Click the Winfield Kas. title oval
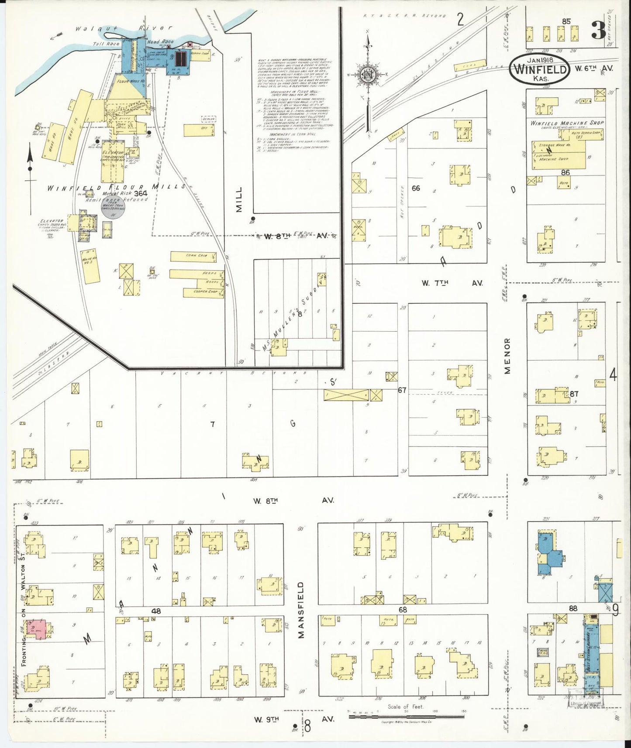pyautogui.click(x=540, y=69)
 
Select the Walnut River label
pyautogui.click(x=124, y=28)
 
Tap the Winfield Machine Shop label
pyautogui.click(x=567, y=123)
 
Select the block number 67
pyautogui.click(x=402, y=390)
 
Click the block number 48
pyautogui.click(x=156, y=611)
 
